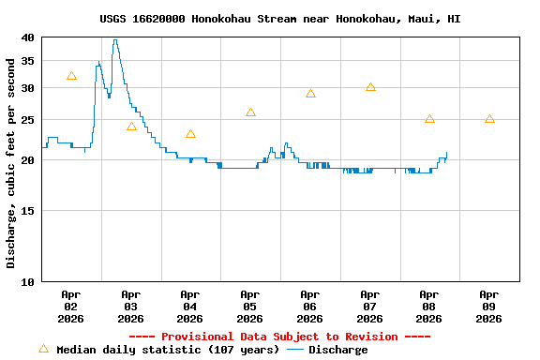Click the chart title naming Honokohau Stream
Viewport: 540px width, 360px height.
(x=279, y=19)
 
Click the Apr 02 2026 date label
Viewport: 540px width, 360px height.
(x=70, y=306)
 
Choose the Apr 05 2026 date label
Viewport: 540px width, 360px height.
(x=249, y=306)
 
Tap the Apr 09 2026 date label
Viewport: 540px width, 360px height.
(x=488, y=306)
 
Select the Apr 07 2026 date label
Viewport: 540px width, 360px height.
(x=369, y=306)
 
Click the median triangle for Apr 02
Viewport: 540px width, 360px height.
(x=71, y=76)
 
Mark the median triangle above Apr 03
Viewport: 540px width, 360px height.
(x=131, y=127)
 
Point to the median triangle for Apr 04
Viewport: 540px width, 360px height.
(x=190, y=134)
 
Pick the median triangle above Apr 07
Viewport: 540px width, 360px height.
(x=370, y=87)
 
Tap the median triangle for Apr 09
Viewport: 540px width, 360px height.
(x=489, y=119)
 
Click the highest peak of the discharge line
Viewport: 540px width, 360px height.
(x=114, y=40)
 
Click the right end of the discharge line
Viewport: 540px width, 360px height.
(x=447, y=152)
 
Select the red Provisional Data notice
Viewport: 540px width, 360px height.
(x=279, y=337)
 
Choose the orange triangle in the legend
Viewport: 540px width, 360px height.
(x=43, y=349)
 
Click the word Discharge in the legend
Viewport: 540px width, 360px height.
(x=338, y=350)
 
